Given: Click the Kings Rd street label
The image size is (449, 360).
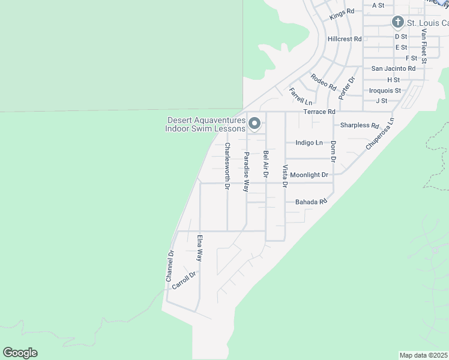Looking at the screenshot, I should [x=342, y=14].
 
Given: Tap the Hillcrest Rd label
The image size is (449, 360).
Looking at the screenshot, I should [x=345, y=39].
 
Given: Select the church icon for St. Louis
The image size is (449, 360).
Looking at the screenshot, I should [x=397, y=23].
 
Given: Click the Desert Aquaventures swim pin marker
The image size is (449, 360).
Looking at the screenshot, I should [x=254, y=124].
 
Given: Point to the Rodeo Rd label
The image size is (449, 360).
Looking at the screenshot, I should [x=324, y=82].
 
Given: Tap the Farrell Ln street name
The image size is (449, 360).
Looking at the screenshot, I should [x=301, y=96].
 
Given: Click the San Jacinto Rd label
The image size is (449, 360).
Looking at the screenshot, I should [x=393, y=68].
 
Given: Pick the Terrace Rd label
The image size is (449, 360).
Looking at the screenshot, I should [x=319, y=112].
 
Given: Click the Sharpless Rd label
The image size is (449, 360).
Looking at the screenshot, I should [x=360, y=126].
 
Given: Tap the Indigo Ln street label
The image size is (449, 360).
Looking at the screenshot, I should [x=309, y=143].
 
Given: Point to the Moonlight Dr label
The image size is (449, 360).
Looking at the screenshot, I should [x=309, y=175].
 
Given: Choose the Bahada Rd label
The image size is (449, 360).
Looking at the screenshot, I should [x=311, y=202].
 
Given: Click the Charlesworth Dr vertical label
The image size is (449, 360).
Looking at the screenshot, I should [x=228, y=166].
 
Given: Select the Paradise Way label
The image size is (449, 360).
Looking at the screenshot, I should [x=246, y=172].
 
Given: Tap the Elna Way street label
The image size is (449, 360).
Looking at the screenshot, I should [x=200, y=247].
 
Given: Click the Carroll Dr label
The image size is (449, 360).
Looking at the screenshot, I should [x=184, y=281].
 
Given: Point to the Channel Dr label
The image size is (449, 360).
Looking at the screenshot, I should [x=170, y=266].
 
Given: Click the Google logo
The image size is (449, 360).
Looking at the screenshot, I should [x=20, y=353].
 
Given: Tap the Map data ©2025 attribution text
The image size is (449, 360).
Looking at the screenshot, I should [x=424, y=355].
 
